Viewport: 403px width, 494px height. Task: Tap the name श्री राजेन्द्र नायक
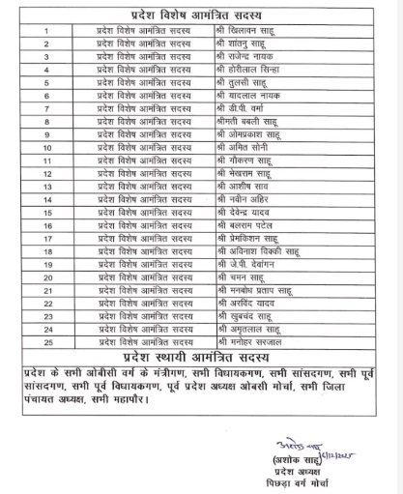coord(246,58)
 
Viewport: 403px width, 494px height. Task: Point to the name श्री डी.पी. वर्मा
coord(243,110)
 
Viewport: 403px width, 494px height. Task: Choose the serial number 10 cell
coord(45,150)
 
